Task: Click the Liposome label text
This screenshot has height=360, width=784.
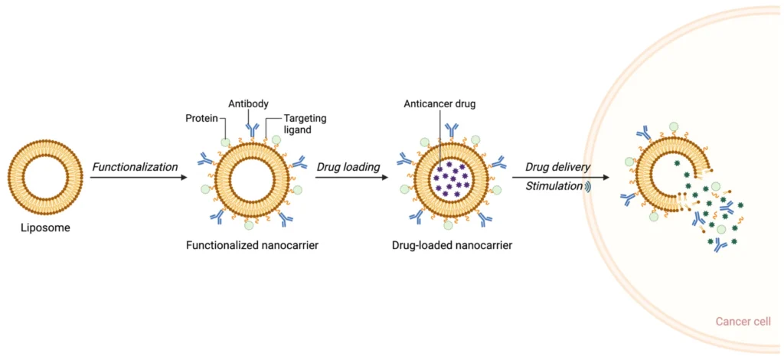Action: pyautogui.click(x=44, y=227)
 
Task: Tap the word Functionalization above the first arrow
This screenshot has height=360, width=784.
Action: pyautogui.click(x=135, y=167)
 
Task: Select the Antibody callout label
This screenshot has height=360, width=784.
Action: pyautogui.click(x=248, y=104)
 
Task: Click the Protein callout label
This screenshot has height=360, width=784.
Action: pyautogui.click(x=202, y=119)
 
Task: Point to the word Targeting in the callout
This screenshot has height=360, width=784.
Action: pyautogui.click(x=305, y=119)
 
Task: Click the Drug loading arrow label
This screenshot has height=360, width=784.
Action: pyautogui.click(x=348, y=167)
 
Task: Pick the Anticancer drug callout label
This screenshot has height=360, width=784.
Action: pyautogui.click(x=439, y=104)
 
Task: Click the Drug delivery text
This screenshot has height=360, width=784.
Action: pyautogui.click(x=557, y=167)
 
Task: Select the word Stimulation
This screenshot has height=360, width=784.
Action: pyautogui.click(x=554, y=186)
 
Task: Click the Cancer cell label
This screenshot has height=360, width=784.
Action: pyautogui.click(x=743, y=322)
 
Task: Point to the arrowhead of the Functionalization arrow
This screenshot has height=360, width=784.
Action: pyautogui.click(x=184, y=178)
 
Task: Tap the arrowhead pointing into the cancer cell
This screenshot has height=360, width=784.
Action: pyautogui.click(x=606, y=178)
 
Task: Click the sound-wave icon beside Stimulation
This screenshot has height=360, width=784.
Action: pyautogui.click(x=589, y=186)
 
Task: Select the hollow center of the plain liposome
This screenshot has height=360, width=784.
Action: pyautogui.click(x=44, y=178)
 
